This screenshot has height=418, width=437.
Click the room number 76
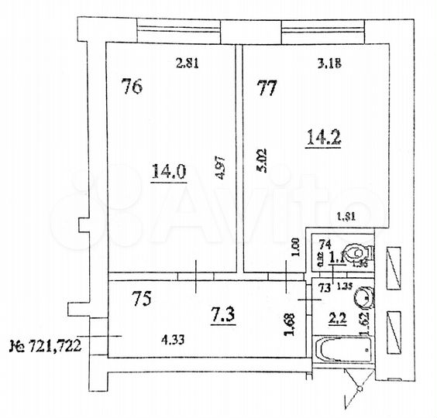[x=132, y=87]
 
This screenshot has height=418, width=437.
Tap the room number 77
[x=267, y=88]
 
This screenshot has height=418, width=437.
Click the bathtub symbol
[x=345, y=351]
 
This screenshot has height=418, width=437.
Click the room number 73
[x=325, y=288]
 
